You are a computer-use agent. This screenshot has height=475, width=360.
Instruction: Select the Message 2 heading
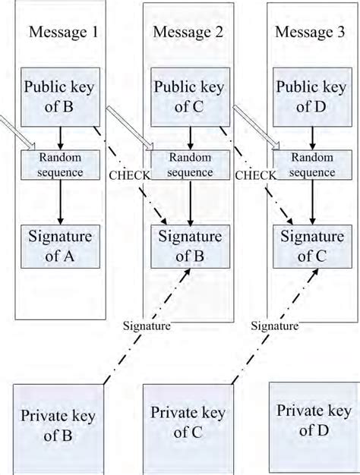(187, 33)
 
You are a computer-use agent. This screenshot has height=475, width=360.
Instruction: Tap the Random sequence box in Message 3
(313, 165)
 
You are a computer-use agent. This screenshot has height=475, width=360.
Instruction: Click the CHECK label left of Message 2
(130, 175)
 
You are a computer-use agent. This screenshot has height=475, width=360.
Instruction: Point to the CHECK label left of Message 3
(254, 175)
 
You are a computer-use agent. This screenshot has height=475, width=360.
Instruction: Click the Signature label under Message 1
(147, 326)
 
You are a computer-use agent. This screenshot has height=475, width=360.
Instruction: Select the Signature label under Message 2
(271, 326)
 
